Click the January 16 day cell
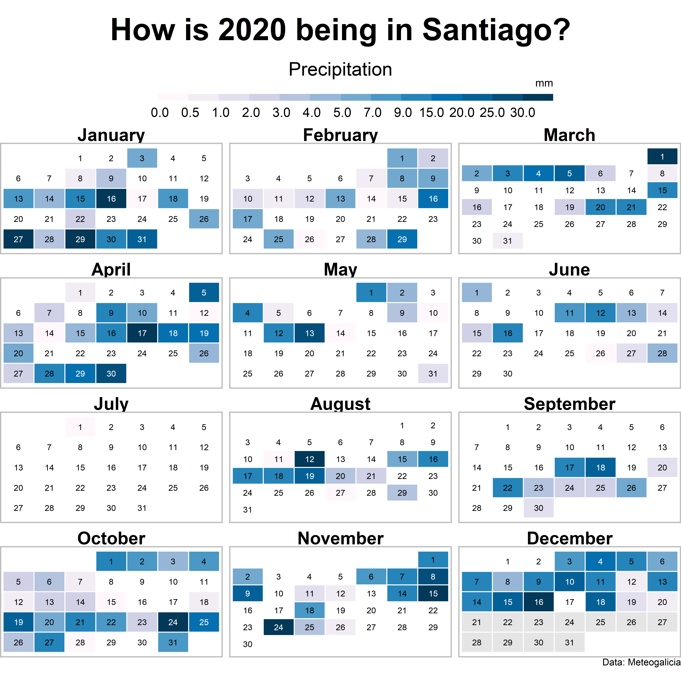click(111, 199)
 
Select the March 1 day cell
click(662, 156)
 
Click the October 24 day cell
click(173, 622)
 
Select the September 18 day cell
click(600, 467)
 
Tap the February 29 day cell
click(402, 239)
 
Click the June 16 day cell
click(508, 333)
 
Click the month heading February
click(340, 135)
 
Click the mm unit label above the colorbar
click(544, 84)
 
